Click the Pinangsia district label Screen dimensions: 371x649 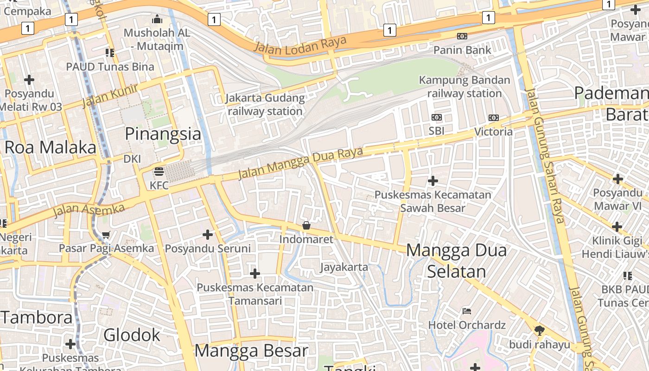point(163,134)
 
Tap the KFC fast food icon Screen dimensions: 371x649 point(159,172)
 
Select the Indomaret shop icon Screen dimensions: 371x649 point(306,225)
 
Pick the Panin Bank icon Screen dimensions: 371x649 point(462,36)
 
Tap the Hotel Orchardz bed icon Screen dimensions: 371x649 point(467,311)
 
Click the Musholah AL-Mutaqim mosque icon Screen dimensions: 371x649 point(157,19)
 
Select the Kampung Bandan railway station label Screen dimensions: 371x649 point(464,87)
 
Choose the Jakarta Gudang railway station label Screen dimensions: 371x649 point(265,105)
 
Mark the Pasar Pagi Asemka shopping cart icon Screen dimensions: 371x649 point(106,235)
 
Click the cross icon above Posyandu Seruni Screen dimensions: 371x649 point(208,235)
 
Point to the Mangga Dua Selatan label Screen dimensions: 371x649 point(457,261)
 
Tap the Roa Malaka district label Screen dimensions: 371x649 point(50,147)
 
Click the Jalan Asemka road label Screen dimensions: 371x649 point(89,210)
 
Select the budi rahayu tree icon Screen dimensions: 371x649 point(539,331)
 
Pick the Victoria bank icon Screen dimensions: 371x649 point(494,118)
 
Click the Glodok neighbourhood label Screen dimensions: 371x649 point(132,335)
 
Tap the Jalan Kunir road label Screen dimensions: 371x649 point(110,96)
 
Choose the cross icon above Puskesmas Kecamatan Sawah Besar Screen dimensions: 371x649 point(433,180)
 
